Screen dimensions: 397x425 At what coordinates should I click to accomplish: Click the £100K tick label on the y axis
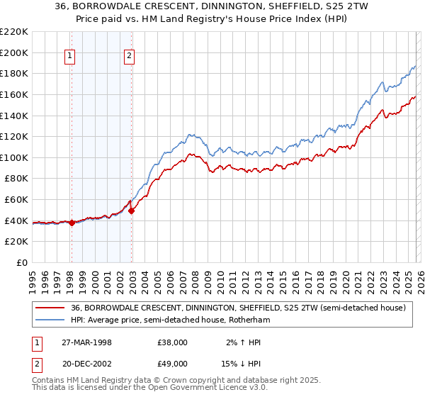14,157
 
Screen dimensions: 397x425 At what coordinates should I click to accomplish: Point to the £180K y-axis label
14,73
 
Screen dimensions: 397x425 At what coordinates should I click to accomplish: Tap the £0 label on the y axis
21,262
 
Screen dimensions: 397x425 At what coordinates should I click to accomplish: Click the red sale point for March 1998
72,223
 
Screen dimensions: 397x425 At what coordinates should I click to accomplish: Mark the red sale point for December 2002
132,211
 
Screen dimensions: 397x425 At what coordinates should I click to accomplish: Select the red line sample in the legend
50,308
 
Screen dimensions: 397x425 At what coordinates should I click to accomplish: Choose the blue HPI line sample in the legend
50,320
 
